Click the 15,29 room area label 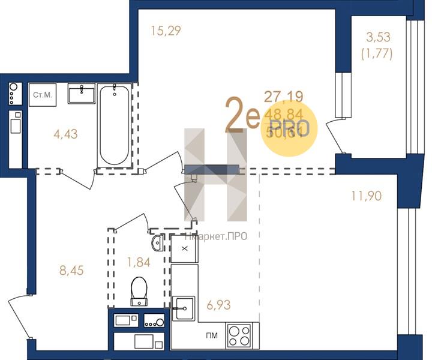(x=166, y=30)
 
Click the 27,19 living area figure (x=284, y=95)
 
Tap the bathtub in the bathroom (x=114, y=125)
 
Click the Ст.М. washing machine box (x=43, y=95)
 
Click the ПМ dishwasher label (x=211, y=335)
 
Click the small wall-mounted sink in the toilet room (x=156, y=243)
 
